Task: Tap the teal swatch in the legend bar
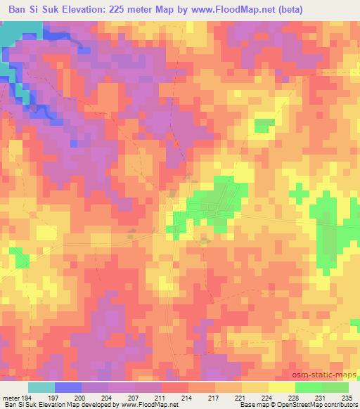(x=41, y=387)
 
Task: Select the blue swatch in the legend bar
(x=68, y=387)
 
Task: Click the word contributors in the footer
(x=339, y=405)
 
